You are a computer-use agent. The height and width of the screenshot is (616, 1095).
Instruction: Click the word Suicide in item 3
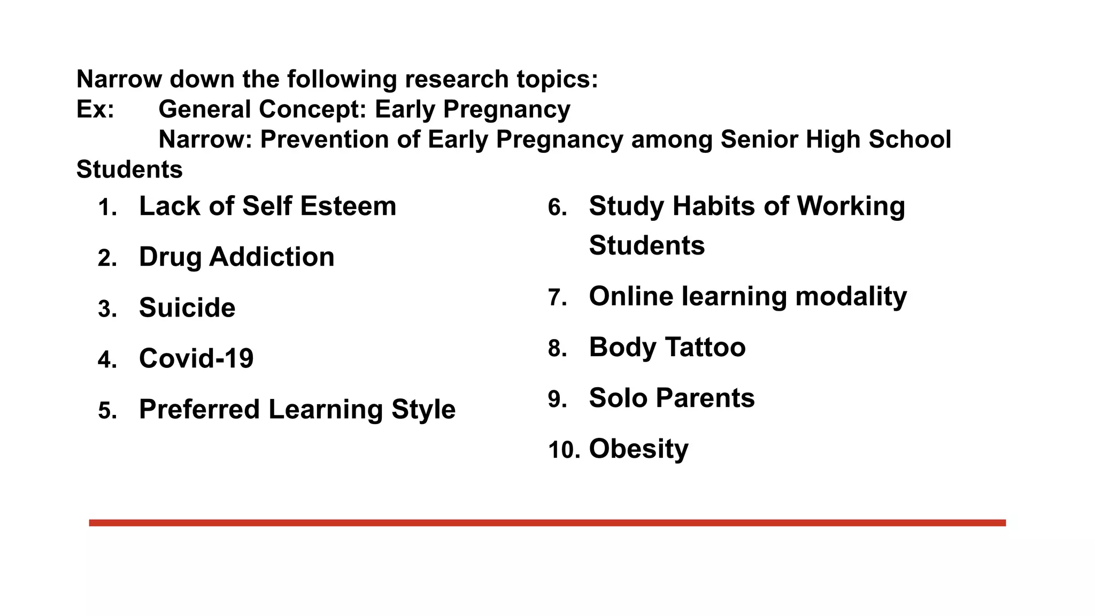[x=187, y=307]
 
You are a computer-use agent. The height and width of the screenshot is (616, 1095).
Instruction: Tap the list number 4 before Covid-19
[x=106, y=359]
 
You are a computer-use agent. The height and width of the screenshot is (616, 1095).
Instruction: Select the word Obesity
[x=638, y=449]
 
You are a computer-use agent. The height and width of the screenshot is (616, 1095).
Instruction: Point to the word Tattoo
[x=706, y=347]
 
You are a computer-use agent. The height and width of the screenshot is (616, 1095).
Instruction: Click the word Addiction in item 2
[x=272, y=257]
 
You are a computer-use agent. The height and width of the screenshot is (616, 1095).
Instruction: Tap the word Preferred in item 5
[x=199, y=410]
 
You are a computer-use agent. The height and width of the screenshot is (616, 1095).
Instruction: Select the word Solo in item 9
[x=618, y=398]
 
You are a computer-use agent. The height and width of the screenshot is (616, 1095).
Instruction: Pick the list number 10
[x=564, y=450]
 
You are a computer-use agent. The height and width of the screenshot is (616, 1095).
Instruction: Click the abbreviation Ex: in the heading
[x=95, y=109]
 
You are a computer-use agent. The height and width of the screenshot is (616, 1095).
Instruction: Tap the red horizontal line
[x=547, y=522]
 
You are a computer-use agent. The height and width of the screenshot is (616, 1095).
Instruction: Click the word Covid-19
[x=196, y=358]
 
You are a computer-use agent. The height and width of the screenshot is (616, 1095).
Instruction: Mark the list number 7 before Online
[x=557, y=298]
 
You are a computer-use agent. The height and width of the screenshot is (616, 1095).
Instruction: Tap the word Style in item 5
[x=423, y=410]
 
